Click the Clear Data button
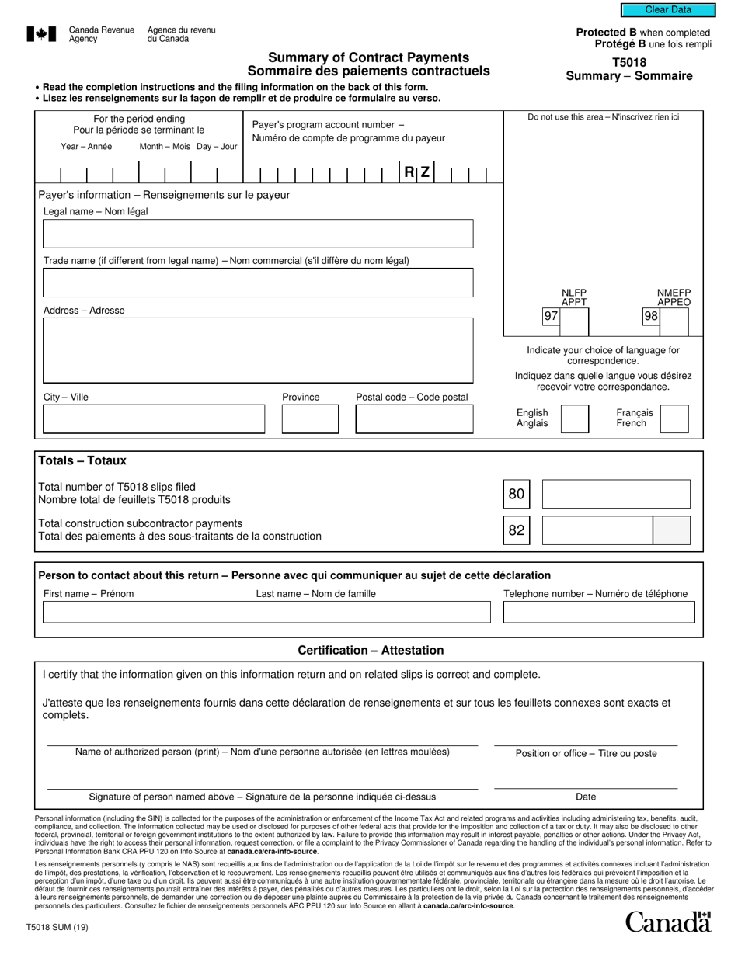(668, 10)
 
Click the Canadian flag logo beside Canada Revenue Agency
(41, 34)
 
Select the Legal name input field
(258, 234)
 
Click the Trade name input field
(258, 283)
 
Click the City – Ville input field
(153, 419)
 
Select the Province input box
(310, 419)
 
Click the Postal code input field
(414, 419)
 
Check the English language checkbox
(575, 418)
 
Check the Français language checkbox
(674, 418)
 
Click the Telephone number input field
(598, 613)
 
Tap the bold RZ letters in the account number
(416, 172)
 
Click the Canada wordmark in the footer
(668, 922)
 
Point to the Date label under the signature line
(586, 797)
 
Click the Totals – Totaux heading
(82, 460)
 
